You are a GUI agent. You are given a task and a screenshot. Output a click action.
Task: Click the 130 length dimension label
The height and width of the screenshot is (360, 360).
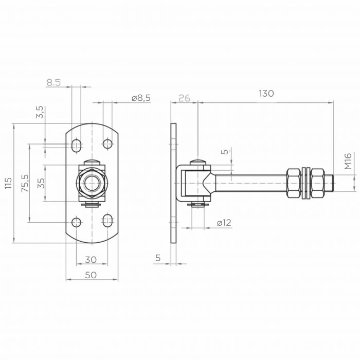(x=266, y=94)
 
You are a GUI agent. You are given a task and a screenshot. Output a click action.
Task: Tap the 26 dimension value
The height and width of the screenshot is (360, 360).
(x=184, y=98)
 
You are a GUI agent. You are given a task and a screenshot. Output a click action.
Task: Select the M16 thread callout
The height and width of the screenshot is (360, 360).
(x=348, y=161)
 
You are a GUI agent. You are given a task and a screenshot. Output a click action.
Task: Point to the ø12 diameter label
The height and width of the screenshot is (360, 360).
(x=224, y=223)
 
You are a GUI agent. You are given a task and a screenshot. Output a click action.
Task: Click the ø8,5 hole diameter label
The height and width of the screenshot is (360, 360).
(x=141, y=98)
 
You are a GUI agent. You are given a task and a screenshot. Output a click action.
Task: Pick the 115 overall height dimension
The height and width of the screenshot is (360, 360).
(x=8, y=183)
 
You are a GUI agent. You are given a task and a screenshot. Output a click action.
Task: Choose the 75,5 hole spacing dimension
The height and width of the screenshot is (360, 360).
(x=25, y=183)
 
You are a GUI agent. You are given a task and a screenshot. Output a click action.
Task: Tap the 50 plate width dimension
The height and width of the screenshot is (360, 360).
(x=91, y=275)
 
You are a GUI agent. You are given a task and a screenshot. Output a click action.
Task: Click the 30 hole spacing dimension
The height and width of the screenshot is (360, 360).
(x=91, y=260)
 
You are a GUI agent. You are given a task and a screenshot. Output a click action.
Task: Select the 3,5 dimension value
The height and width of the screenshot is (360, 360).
(x=40, y=112)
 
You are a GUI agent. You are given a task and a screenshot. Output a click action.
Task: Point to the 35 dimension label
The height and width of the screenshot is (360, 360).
(x=41, y=183)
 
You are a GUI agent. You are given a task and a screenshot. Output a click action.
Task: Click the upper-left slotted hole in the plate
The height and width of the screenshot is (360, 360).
(x=76, y=145)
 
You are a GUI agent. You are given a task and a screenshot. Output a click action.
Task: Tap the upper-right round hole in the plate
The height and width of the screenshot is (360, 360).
(x=107, y=144)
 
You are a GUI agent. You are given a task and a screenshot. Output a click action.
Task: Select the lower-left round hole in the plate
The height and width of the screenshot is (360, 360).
(x=76, y=222)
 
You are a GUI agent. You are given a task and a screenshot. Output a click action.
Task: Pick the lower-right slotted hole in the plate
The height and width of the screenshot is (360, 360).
(x=107, y=221)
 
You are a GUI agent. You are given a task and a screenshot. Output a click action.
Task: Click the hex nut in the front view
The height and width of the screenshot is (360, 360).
(x=92, y=183)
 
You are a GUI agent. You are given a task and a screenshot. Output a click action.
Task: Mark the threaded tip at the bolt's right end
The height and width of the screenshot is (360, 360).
(x=329, y=183)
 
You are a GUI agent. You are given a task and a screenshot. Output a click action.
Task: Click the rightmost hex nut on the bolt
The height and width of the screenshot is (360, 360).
(x=317, y=183)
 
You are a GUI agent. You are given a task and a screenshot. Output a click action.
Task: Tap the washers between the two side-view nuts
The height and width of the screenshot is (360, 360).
(x=305, y=183)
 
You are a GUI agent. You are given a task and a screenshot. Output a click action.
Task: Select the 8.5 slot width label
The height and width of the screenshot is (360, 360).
(x=53, y=82)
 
